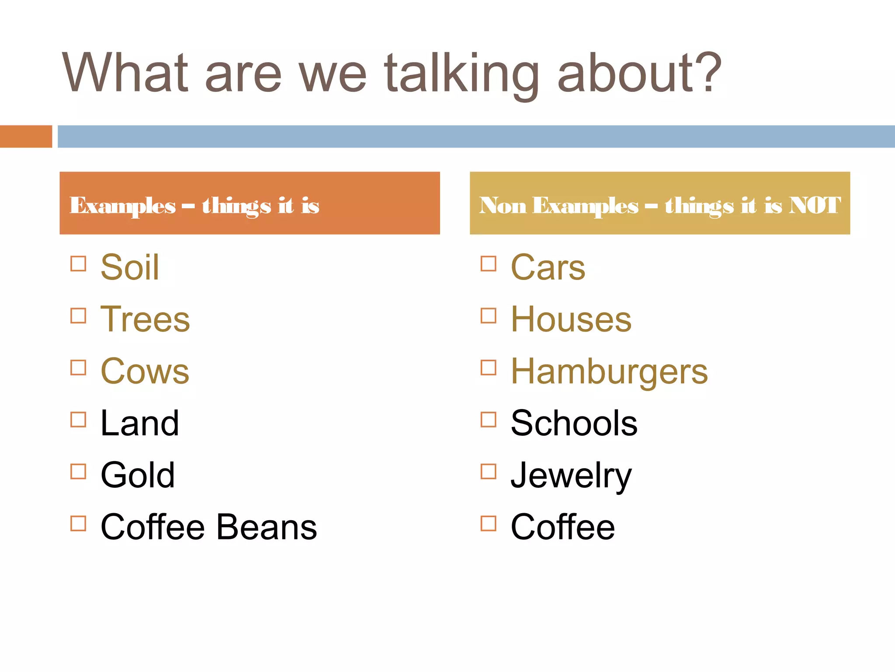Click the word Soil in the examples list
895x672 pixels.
click(x=130, y=267)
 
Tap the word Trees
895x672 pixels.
click(x=145, y=319)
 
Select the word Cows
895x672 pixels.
click(x=145, y=371)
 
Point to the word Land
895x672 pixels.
click(x=139, y=423)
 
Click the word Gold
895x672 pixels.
click(x=138, y=475)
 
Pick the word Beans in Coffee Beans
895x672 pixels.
click(x=267, y=527)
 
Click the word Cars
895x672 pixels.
click(x=548, y=267)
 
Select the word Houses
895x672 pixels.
click(x=571, y=319)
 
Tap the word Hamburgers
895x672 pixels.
click(x=609, y=371)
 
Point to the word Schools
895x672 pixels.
click(x=574, y=423)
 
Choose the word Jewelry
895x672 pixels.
click(x=571, y=476)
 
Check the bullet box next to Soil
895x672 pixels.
click(x=78, y=264)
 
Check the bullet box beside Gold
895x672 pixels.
click(x=78, y=472)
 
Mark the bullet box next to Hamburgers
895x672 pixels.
click(x=488, y=368)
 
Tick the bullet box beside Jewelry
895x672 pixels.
click(x=488, y=472)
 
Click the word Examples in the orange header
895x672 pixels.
click(x=122, y=206)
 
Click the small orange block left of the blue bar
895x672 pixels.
click(x=26, y=136)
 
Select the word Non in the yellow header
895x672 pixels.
click(x=503, y=205)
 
